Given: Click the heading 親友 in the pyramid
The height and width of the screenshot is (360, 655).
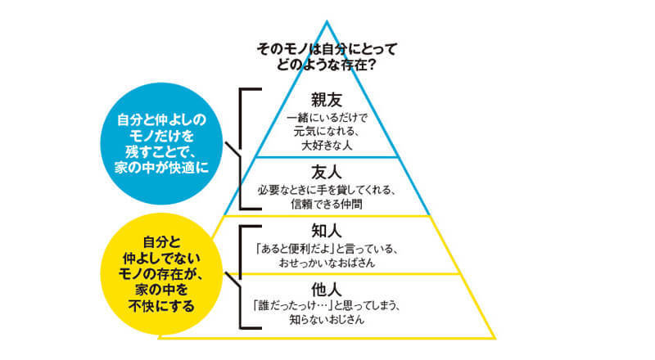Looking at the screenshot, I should [x=325, y=101].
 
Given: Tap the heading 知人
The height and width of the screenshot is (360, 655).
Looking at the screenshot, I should [x=325, y=230].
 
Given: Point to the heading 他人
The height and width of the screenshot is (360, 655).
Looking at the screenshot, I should [x=325, y=290].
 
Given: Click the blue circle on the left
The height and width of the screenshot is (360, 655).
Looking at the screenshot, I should [x=165, y=145].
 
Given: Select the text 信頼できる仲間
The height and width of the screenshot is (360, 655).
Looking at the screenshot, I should [x=326, y=204].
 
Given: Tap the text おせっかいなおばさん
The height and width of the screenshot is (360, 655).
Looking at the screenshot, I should [x=326, y=261].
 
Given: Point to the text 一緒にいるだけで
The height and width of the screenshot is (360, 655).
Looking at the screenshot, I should [x=326, y=118].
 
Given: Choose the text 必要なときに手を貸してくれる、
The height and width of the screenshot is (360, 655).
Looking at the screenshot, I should [x=326, y=190].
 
